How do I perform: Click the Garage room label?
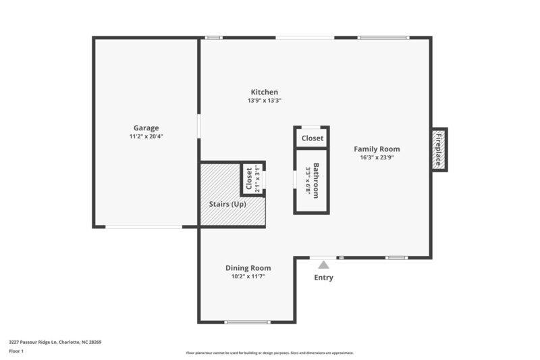pyautogui.click(x=146, y=128)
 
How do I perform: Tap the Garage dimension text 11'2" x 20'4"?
pyautogui.click(x=146, y=136)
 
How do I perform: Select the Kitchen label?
pyautogui.click(x=265, y=93)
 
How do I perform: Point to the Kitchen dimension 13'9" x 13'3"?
pyautogui.click(x=265, y=101)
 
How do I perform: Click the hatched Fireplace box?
pyautogui.click(x=439, y=150)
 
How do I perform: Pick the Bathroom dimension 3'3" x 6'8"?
pyautogui.click(x=307, y=180)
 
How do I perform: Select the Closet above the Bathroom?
pyautogui.click(x=312, y=138)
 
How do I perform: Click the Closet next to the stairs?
pyautogui.click(x=249, y=180)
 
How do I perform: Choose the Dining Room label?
pyautogui.click(x=248, y=268)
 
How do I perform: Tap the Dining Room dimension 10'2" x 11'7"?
pyautogui.click(x=248, y=276)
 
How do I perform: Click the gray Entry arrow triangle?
pyautogui.click(x=324, y=265)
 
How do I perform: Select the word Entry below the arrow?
pyautogui.click(x=324, y=278)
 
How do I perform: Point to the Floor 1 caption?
pyautogui.click(x=16, y=351)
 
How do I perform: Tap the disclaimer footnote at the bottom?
pyautogui.click(x=270, y=353)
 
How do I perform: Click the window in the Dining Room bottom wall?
pyautogui.click(x=247, y=322)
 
